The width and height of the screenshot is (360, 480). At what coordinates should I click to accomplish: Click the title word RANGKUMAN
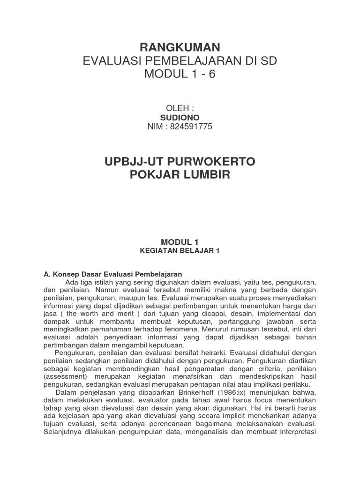point(180,47)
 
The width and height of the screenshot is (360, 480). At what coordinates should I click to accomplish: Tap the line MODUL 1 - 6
point(180,75)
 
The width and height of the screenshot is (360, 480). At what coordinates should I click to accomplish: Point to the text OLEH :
point(180,108)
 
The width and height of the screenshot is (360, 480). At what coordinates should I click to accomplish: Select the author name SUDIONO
point(180,117)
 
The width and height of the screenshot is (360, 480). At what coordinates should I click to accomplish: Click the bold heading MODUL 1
point(180,242)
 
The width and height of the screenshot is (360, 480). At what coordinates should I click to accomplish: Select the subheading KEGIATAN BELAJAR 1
point(180,251)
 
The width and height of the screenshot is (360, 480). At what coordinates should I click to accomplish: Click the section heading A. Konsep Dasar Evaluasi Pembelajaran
point(112,274)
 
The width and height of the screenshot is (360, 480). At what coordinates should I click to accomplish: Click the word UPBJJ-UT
point(133,162)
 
